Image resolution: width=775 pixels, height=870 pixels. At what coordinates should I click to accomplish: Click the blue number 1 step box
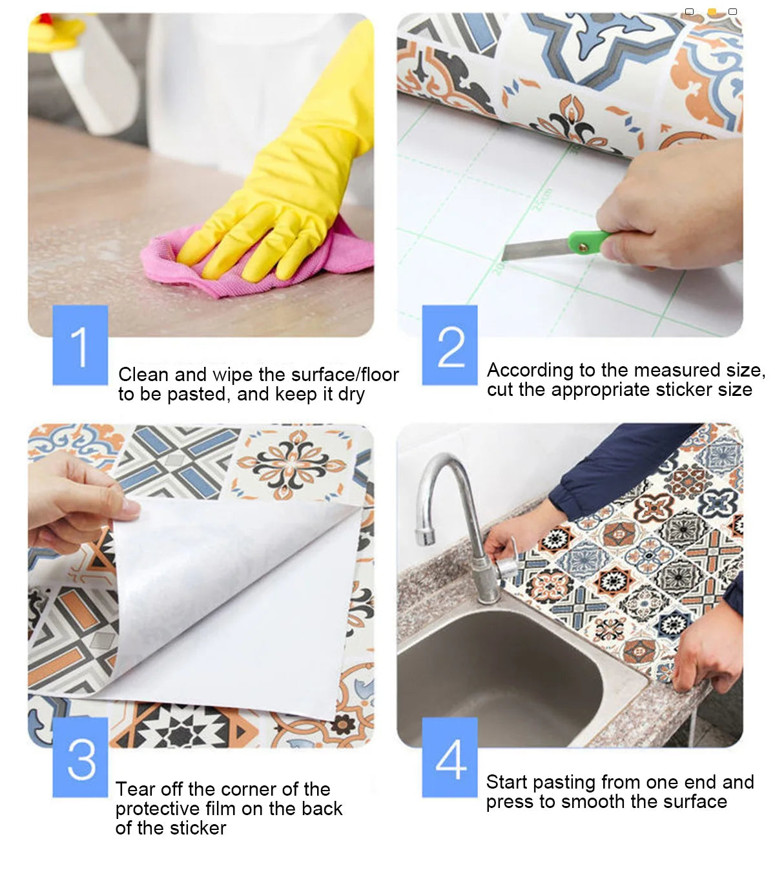pos(80,345)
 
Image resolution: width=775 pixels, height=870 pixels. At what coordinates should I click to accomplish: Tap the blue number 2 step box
pos(449,345)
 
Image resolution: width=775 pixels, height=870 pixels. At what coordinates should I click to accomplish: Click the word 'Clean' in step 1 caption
pos(143,375)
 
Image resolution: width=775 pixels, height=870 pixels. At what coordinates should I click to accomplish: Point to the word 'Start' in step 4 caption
pos(506,782)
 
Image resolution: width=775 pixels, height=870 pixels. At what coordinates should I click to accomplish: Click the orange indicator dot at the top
pos(712,12)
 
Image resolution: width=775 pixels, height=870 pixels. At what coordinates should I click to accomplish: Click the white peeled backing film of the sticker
pos(232,601)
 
